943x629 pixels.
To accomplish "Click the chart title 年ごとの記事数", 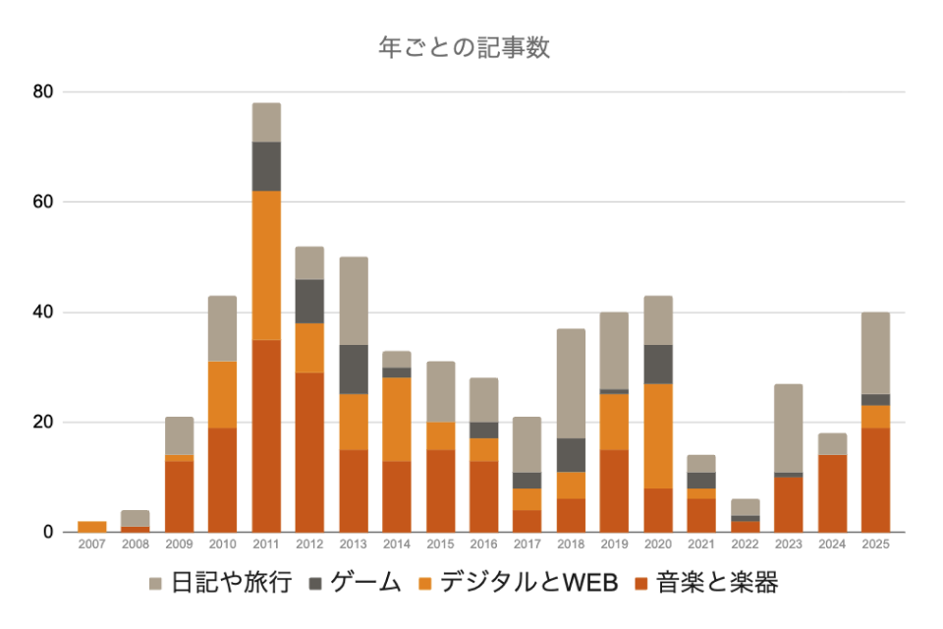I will pos(465,47).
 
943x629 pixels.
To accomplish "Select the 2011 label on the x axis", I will pos(266,543).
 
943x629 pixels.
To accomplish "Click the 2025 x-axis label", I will pos(875,543).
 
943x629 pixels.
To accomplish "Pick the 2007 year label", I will pos(92,543).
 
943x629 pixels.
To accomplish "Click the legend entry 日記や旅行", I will pos(221,583).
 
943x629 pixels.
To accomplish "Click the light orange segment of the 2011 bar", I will pos(266,265).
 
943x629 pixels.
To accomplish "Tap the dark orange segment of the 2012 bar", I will pos(309,452).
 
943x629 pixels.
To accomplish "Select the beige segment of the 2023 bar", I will pos(789,428).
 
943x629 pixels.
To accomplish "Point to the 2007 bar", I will pos(92,527).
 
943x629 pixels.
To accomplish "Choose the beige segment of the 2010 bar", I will pos(223,328).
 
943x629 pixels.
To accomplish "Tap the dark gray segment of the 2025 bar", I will pos(875,400).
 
